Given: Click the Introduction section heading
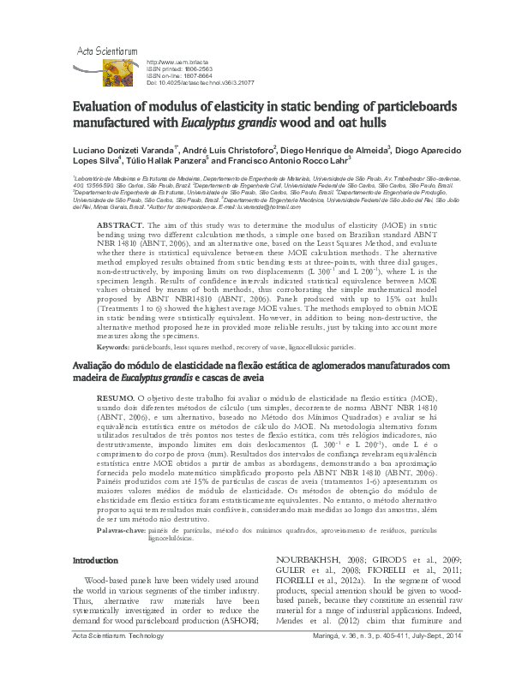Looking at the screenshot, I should [x=94, y=560].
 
